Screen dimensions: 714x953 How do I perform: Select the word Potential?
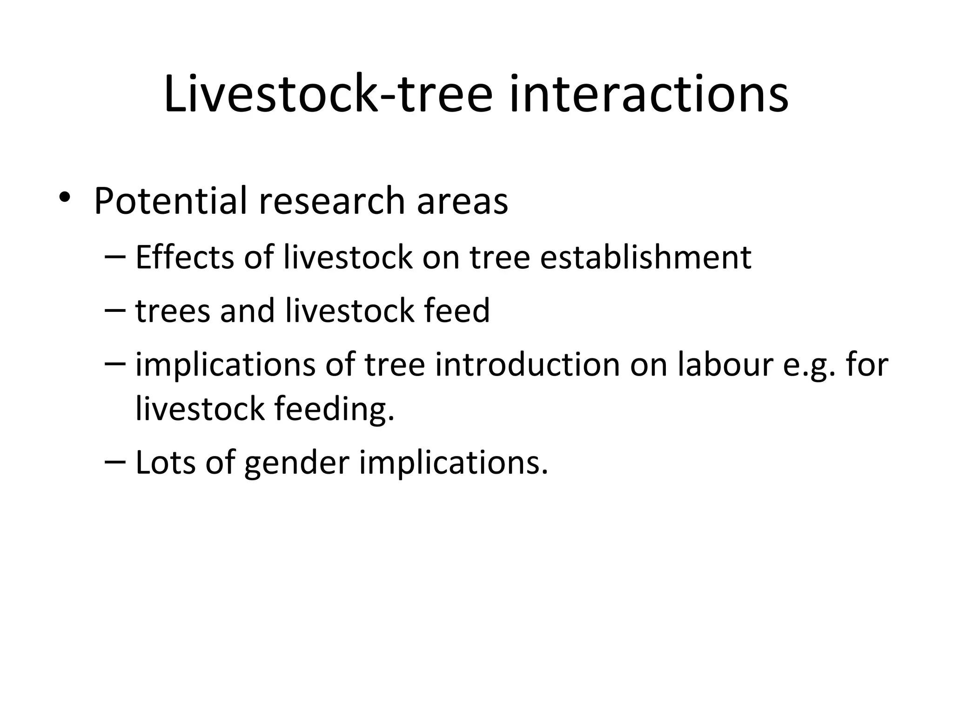pyautogui.click(x=170, y=201)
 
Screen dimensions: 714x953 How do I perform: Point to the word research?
pyautogui.click(x=332, y=201)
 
